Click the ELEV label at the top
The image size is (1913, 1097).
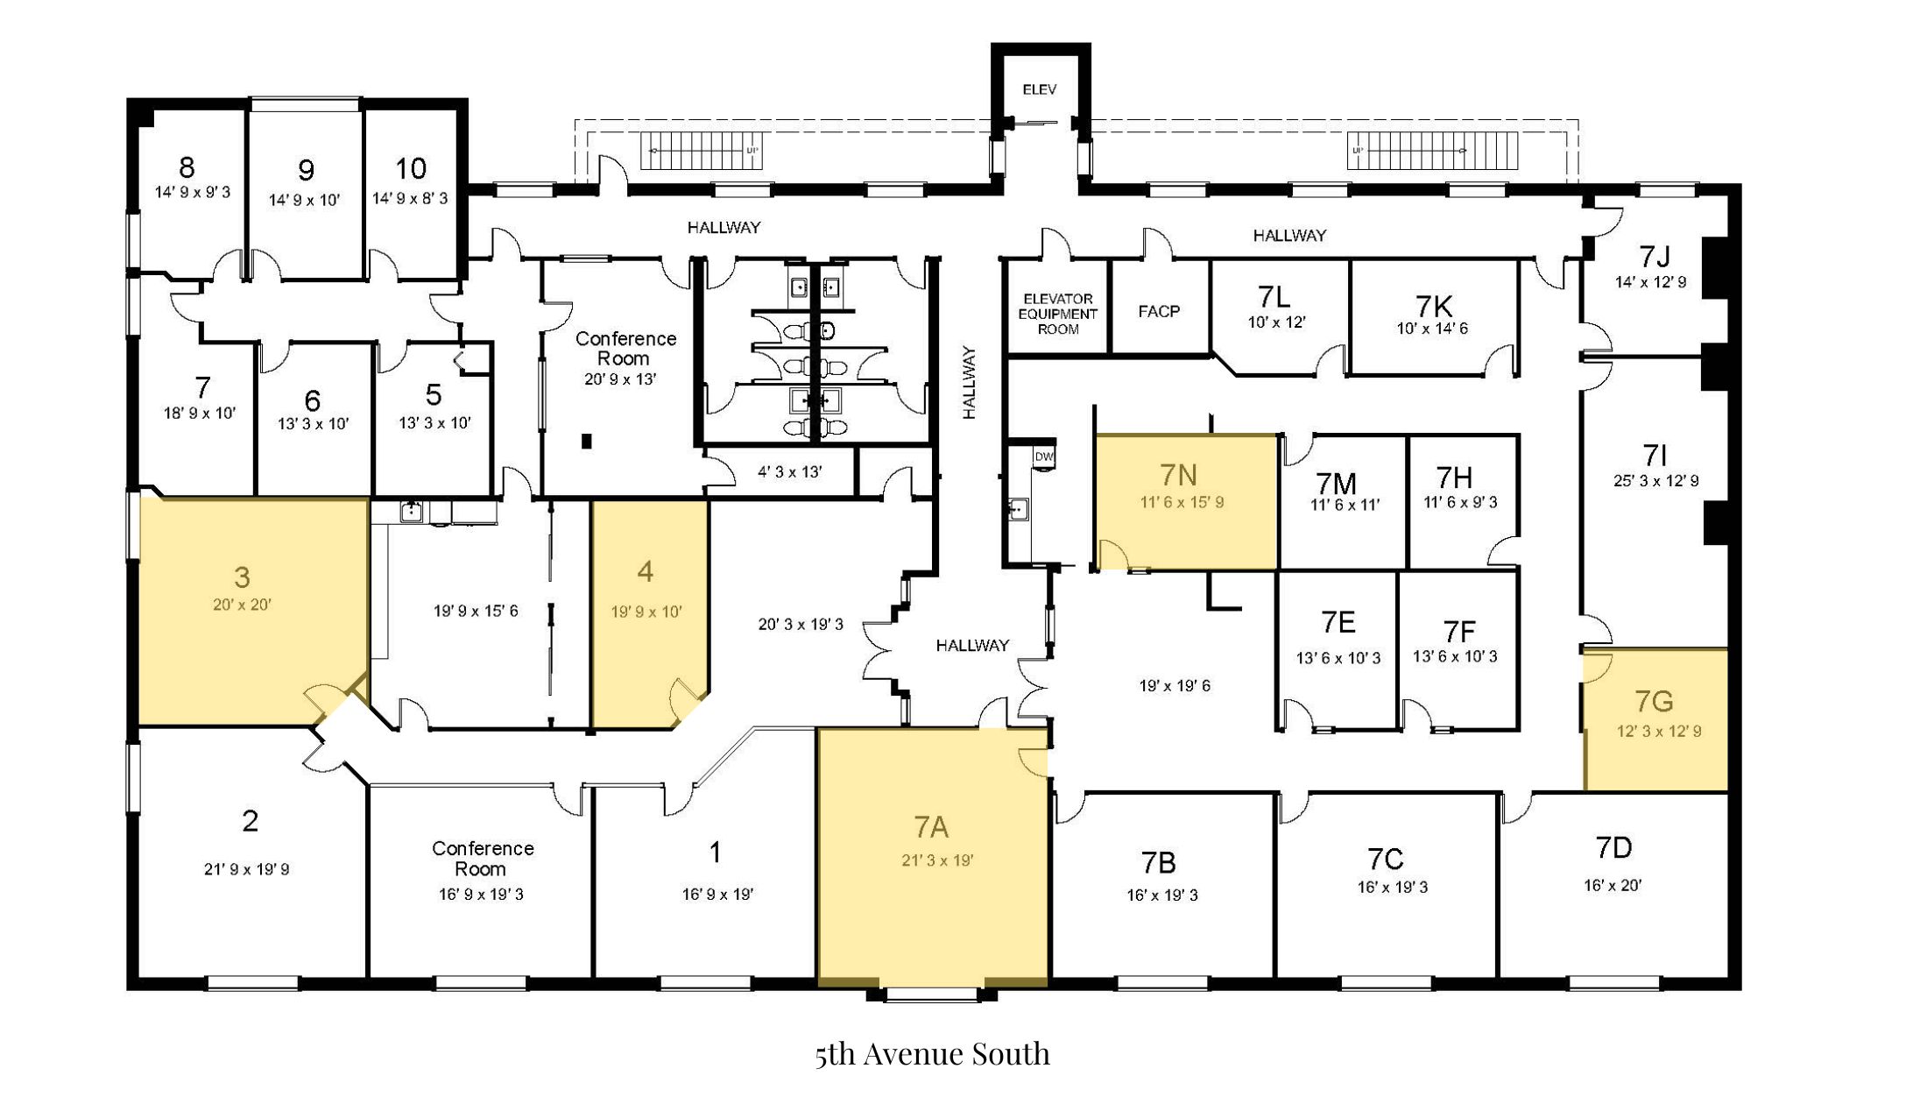(x=1040, y=89)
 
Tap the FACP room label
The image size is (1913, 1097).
(x=1159, y=311)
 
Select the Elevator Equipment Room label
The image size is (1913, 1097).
(x=1058, y=314)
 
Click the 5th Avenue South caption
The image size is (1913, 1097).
(x=932, y=1053)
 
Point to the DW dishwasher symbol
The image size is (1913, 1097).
(x=1044, y=456)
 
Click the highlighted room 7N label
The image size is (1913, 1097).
(x=1178, y=475)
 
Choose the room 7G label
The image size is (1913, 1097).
(x=1654, y=701)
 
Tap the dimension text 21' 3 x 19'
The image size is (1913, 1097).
(x=937, y=860)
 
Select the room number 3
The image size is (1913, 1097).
(x=242, y=577)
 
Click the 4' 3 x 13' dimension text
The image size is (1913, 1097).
(x=790, y=472)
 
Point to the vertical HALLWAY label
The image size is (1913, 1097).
(x=969, y=382)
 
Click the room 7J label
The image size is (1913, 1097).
(x=1654, y=256)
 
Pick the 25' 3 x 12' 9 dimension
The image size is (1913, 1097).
(x=1656, y=481)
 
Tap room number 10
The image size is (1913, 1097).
(x=411, y=168)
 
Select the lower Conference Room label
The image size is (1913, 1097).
(x=482, y=859)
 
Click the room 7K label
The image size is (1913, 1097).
(x=1434, y=306)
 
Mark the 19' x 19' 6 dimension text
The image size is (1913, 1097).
(x=1175, y=686)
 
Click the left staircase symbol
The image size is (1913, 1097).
(x=701, y=151)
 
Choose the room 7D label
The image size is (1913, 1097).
(x=1613, y=848)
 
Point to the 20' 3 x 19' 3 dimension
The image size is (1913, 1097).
(x=801, y=625)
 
